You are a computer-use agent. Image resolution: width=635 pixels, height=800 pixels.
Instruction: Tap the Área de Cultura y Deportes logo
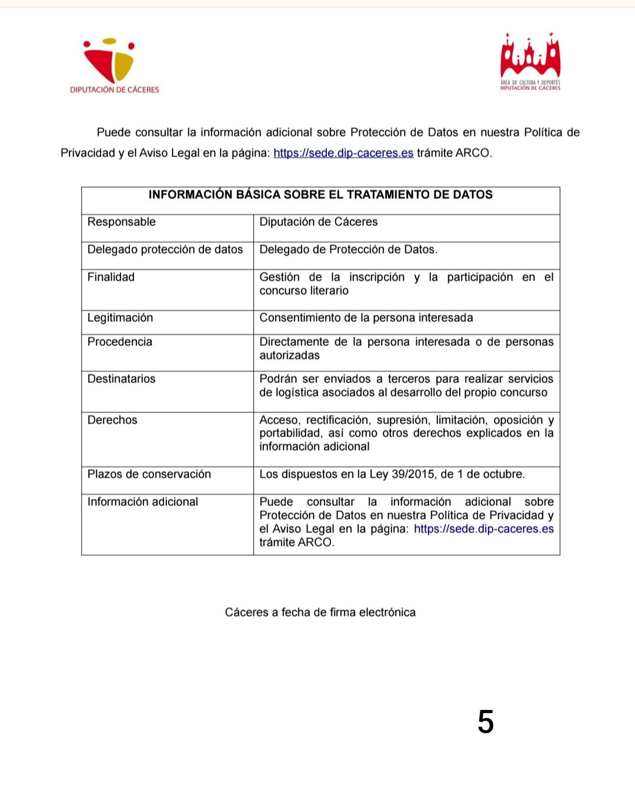coord(530,62)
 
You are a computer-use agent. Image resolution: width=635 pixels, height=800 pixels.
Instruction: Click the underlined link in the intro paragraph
coord(343,153)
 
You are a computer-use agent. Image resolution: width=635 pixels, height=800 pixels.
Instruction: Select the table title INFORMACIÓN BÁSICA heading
coord(320,195)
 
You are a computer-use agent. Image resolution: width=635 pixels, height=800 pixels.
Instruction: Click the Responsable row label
coord(122,222)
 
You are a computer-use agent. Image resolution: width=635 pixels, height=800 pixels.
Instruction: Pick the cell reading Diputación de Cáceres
coord(319,222)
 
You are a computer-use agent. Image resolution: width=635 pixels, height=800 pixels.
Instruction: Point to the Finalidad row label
coord(111,277)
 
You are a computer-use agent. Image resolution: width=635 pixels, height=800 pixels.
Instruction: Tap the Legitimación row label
coord(120,318)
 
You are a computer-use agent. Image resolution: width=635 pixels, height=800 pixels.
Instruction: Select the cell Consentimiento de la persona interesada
coord(366,318)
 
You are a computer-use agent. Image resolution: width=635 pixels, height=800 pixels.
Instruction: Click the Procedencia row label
coord(120,342)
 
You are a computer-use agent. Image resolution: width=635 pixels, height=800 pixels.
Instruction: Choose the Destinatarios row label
coord(122,379)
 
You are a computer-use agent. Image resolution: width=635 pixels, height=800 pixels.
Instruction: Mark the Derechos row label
coord(112,420)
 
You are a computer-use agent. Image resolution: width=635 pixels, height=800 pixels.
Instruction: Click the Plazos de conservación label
coord(149,474)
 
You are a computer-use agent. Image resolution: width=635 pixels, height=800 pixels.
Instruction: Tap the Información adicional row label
coord(143,502)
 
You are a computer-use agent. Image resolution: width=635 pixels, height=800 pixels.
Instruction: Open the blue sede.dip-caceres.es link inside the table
coord(484,529)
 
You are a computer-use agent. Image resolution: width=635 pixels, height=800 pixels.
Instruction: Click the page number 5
coord(486,722)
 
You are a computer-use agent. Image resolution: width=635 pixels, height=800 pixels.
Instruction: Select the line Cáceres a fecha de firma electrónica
coord(320,612)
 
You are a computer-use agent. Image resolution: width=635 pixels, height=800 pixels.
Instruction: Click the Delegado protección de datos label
coord(165,249)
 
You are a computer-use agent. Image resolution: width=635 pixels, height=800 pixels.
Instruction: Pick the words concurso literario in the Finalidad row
coord(304,291)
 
